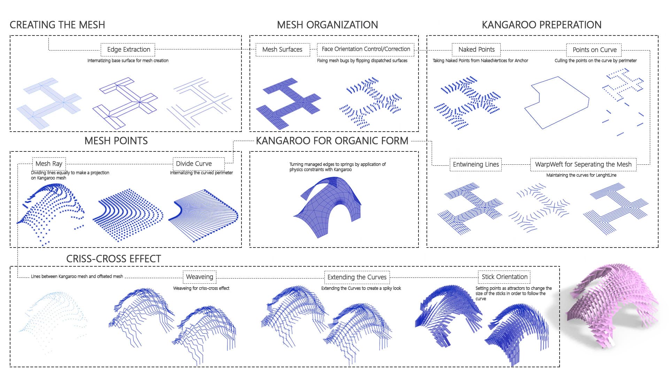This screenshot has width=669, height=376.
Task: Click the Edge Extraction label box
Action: click(x=128, y=49)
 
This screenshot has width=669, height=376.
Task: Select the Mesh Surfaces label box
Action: click(x=282, y=49)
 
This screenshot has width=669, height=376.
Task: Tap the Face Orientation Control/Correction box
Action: click(x=366, y=49)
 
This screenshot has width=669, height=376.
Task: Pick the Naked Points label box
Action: click(x=476, y=49)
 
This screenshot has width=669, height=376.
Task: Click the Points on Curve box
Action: click(x=594, y=50)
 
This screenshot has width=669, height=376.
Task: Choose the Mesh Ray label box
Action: click(x=49, y=164)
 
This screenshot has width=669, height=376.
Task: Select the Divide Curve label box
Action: click(x=194, y=164)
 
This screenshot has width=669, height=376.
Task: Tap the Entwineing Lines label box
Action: click(x=476, y=164)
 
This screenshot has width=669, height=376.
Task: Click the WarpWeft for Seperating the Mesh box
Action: click(x=583, y=164)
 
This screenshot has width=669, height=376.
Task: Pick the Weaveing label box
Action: click(x=199, y=277)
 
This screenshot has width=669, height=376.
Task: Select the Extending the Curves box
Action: click(x=357, y=277)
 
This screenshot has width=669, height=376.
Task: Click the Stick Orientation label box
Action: click(x=504, y=277)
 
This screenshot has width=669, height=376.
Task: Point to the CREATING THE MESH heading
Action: click(x=57, y=25)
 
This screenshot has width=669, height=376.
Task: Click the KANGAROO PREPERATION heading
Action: click(x=541, y=25)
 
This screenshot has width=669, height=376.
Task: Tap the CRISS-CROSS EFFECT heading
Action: click(x=114, y=259)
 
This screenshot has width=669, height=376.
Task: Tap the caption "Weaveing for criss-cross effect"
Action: click(x=201, y=288)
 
